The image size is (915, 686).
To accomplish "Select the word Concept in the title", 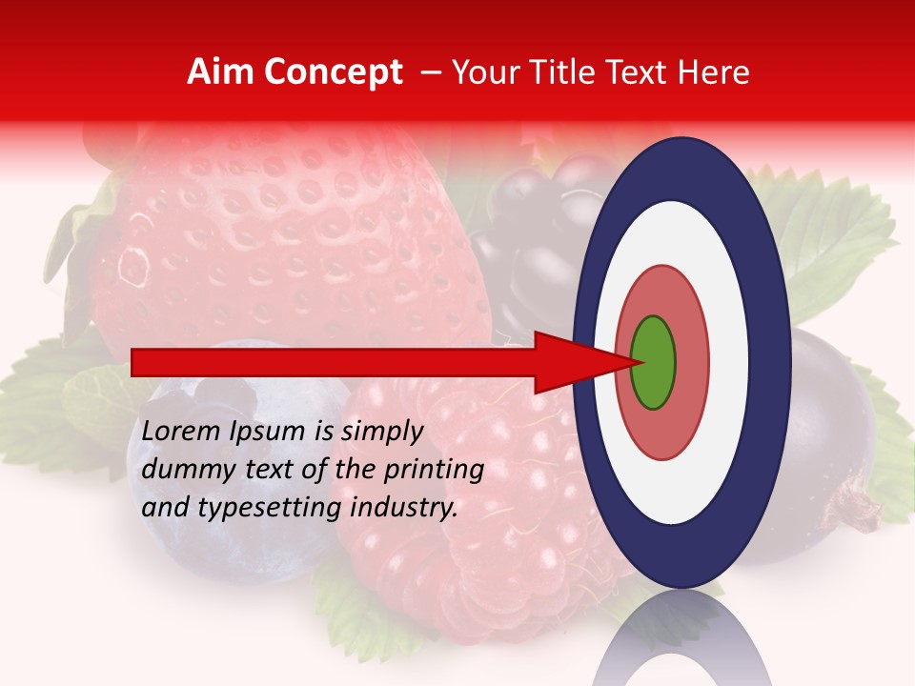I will pyautogui.click(x=333, y=72).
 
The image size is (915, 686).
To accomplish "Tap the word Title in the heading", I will pyautogui.click(x=581, y=72).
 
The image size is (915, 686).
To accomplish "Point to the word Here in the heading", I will pyautogui.click(x=715, y=72).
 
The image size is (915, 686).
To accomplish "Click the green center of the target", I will pyautogui.click(x=654, y=363).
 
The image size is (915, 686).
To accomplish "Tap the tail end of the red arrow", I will pyautogui.click(x=138, y=363).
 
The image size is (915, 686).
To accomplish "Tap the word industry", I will pyautogui.click(x=405, y=509).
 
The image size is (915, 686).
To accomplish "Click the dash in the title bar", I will pyautogui.click(x=430, y=72).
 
